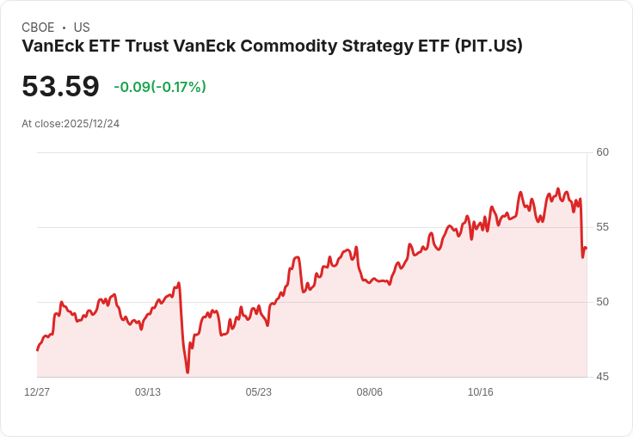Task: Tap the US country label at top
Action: tap(82, 28)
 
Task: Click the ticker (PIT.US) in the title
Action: tap(488, 46)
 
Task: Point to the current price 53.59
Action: tap(60, 86)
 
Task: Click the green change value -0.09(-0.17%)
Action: tap(160, 87)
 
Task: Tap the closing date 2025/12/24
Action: tap(91, 124)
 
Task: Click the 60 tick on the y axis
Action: tap(602, 152)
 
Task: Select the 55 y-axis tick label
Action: tap(602, 227)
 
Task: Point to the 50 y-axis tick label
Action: tap(602, 302)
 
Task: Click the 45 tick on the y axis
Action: tap(602, 377)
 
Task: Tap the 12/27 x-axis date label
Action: tap(37, 392)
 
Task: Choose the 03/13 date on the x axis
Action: tap(148, 392)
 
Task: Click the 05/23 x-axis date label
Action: tap(258, 392)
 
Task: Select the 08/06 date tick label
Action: tap(369, 392)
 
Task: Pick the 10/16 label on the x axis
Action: tap(480, 392)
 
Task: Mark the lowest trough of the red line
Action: tap(187, 372)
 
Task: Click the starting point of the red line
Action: tap(37, 350)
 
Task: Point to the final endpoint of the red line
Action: tap(586, 248)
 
